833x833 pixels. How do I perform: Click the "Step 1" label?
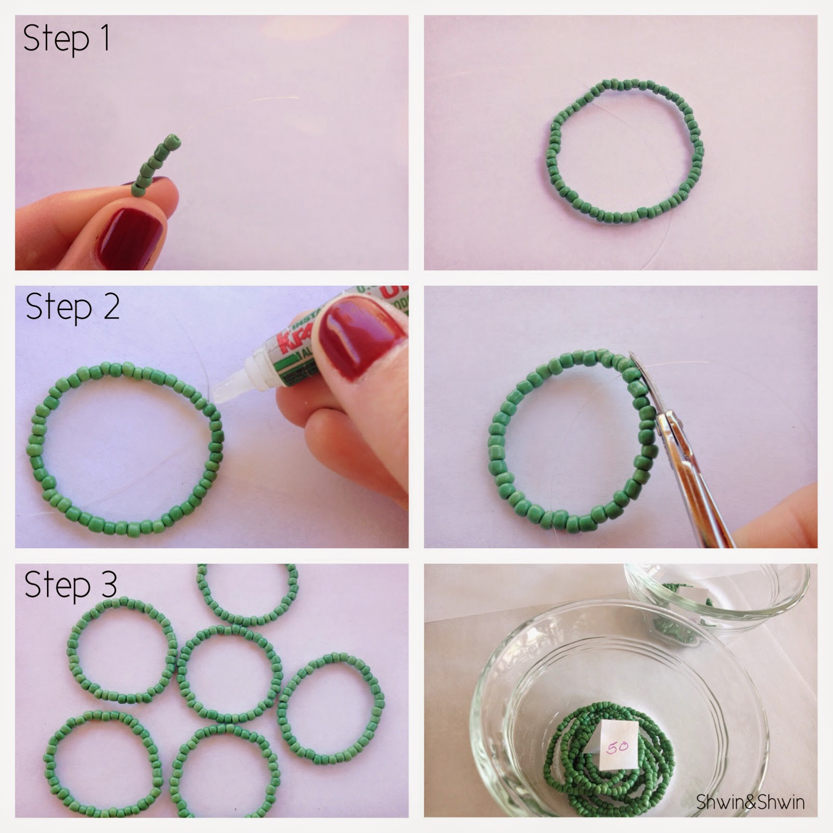[x=67, y=39]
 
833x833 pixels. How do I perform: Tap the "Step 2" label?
[x=72, y=307]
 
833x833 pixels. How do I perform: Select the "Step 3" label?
[x=70, y=584]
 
